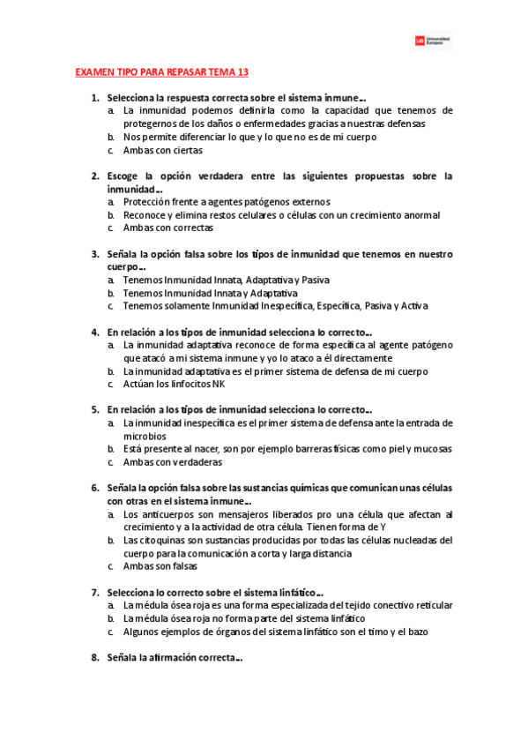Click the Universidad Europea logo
pos(433,41)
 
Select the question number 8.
pos(94,658)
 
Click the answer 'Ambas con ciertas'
pos(163,150)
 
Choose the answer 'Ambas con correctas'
pos(168,228)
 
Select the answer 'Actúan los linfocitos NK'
pos(175,384)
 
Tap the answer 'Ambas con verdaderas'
pos(173,462)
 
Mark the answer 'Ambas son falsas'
pos(160,566)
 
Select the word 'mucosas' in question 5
pos(433,449)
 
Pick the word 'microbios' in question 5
pos(145,436)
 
